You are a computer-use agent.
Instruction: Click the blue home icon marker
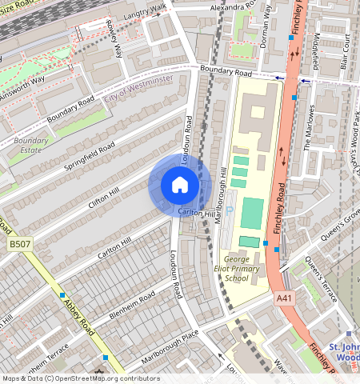click(x=180, y=186)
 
